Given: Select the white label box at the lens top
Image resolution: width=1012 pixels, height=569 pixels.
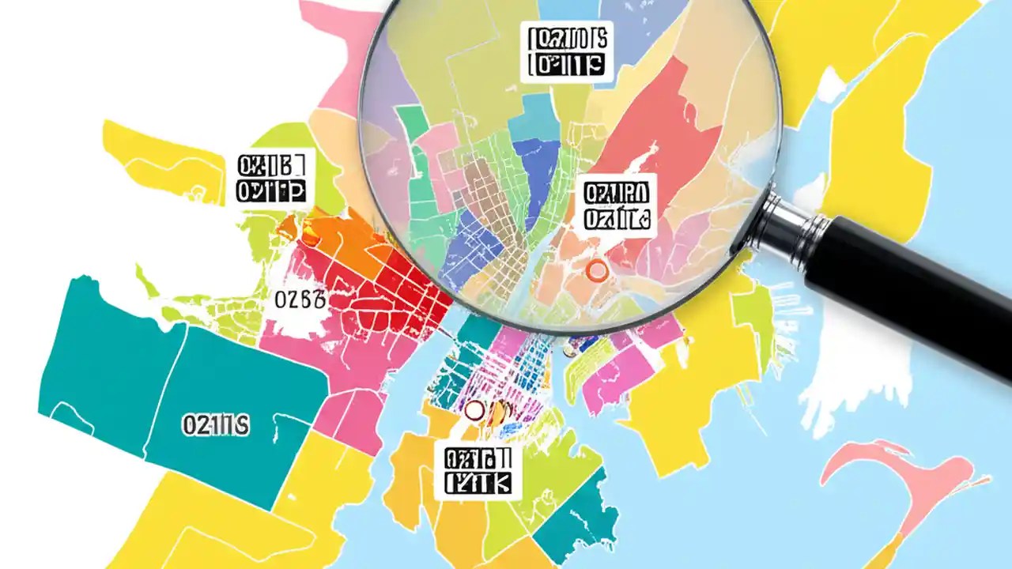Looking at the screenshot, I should pyautogui.click(x=565, y=51).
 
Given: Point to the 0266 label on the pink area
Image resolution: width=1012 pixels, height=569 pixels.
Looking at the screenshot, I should pyautogui.click(x=300, y=300).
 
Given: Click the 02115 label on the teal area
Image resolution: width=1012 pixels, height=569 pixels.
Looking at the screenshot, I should pyautogui.click(x=215, y=425).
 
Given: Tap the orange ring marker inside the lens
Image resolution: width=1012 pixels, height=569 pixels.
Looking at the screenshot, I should pyautogui.click(x=598, y=272).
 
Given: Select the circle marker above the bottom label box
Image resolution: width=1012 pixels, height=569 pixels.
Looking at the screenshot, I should pyautogui.click(x=474, y=410).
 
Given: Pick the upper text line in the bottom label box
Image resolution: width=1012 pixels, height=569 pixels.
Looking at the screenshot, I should pyautogui.click(x=478, y=458).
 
